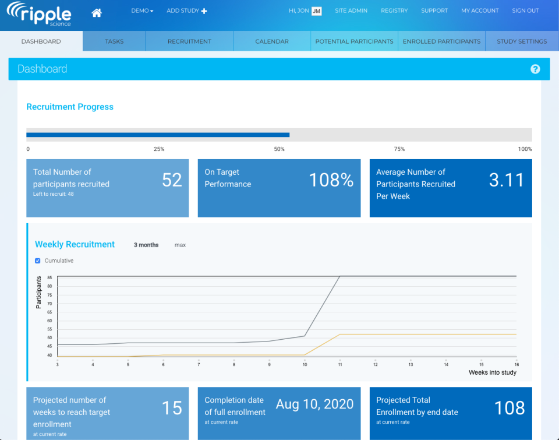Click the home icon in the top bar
pos(97,11)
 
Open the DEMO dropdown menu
pos(142,10)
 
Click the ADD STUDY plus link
pos(186,10)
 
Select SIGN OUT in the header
pos(525,10)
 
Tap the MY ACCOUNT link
pos(480,10)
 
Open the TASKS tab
pos(114,41)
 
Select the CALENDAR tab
pos(272,41)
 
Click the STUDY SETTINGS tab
pos(522,41)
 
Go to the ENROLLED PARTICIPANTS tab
pos(441,41)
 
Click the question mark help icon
pos(535,69)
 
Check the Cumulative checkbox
pos(38,261)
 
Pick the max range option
pos(180,245)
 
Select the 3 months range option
pos(146,245)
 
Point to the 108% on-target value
pos(331,180)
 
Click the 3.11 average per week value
pos(506,180)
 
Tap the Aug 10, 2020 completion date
pos(314,404)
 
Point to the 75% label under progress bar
pos(399,149)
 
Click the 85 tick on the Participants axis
pos(50,277)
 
